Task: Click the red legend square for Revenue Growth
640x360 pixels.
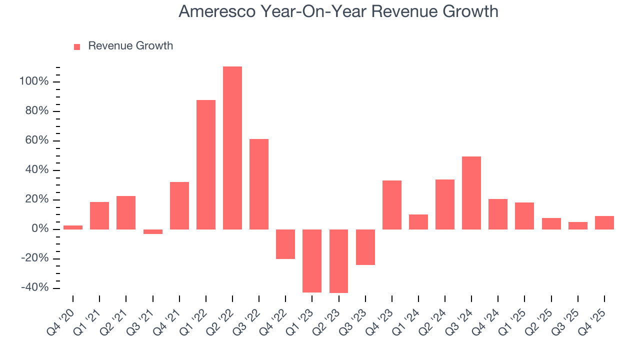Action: click(x=77, y=46)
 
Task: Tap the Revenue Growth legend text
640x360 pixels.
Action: click(x=130, y=46)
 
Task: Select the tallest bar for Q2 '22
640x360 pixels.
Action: click(x=232, y=147)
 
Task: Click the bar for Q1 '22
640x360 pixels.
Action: click(x=206, y=164)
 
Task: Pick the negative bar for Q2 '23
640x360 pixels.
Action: click(x=338, y=261)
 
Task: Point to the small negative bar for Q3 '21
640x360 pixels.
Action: click(x=153, y=231)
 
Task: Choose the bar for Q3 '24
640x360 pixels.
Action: click(x=471, y=192)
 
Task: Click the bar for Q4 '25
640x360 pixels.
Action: click(x=604, y=222)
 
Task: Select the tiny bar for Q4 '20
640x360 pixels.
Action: click(x=73, y=227)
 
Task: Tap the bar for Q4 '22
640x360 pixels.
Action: click(x=285, y=244)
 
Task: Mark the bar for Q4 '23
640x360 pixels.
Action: click(x=392, y=204)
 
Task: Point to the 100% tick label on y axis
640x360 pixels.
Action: click(x=34, y=81)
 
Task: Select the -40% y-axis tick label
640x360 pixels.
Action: click(x=34, y=288)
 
